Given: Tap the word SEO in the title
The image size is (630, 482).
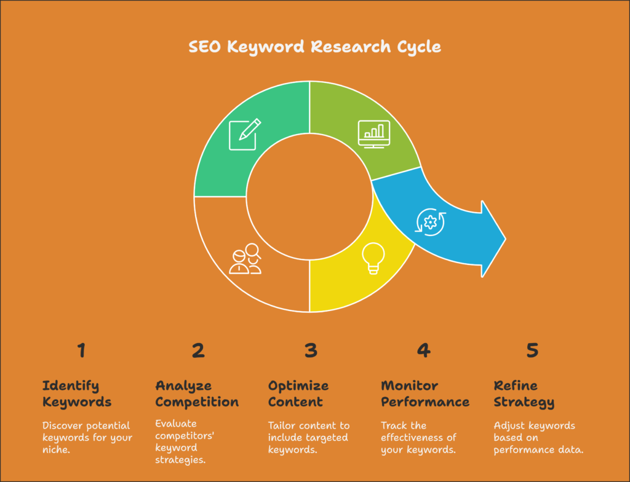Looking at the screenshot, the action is pos(204,47).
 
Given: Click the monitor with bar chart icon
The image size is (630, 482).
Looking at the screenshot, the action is pos(373,134).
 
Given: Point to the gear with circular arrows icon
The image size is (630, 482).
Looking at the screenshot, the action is pos(430,222).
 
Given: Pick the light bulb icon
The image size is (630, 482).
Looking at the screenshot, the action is pos(373,258).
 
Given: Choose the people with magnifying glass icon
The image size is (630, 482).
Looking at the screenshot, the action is pos(245,259).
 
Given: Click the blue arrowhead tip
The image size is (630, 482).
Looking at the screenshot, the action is pos(506,239).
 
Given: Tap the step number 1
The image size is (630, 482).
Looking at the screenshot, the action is pos(82,350).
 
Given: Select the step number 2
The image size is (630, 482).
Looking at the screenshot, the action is pos(198,350).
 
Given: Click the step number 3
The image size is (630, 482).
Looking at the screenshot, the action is pos(311,350).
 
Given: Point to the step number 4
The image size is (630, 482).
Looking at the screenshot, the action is pos(423,350).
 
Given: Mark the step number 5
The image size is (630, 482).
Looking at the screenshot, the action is pos(532,350).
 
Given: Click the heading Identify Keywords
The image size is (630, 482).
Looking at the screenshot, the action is pos(77,394).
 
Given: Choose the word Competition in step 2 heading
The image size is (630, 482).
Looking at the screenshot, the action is pos(197,402).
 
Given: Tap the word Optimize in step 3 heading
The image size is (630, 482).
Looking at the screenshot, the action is pos(298,386).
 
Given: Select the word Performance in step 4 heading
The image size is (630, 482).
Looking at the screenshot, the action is pos(425,402).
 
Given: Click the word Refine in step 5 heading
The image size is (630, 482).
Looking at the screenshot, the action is pos(516,385).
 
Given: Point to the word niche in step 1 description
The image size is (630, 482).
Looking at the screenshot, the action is pos(56,449).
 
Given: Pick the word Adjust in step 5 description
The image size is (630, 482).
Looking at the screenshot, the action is pos(509,426).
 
